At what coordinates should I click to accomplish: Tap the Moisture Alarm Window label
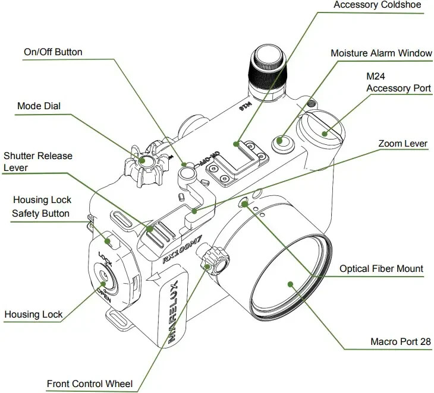click(381, 53)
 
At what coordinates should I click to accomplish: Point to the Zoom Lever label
click(403, 144)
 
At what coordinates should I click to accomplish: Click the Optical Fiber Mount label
click(381, 269)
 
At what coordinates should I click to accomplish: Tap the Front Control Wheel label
click(90, 384)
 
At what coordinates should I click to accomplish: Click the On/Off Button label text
click(53, 52)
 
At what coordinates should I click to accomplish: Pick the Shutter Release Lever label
click(37, 162)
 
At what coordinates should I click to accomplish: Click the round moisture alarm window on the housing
click(282, 141)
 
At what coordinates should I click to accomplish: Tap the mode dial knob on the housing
click(145, 161)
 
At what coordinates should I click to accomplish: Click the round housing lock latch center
click(105, 275)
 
